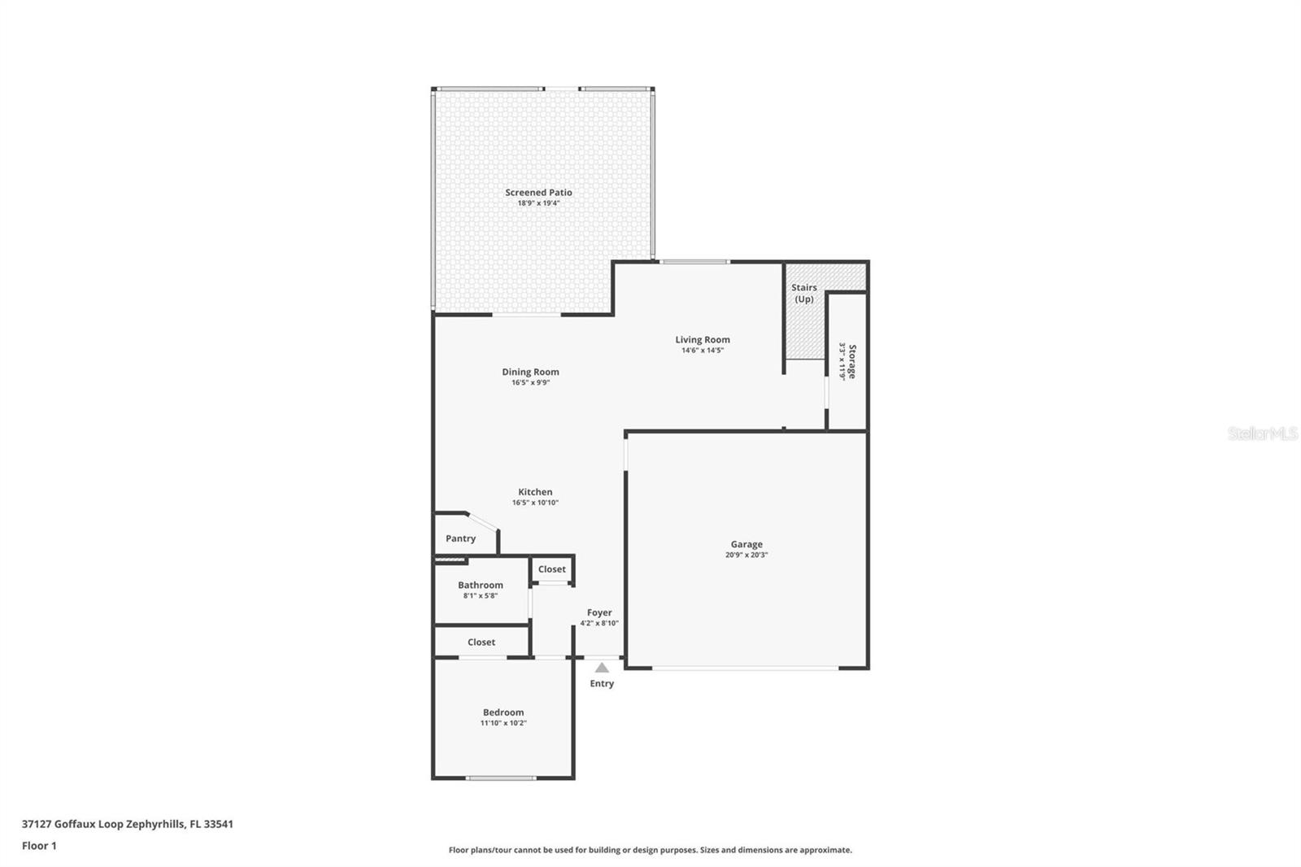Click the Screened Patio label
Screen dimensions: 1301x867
coord(538,192)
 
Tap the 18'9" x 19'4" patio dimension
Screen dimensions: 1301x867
coord(538,203)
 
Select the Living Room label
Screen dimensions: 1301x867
coord(703,340)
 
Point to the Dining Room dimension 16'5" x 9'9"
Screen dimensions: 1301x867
coord(530,383)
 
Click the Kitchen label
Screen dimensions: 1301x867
coord(535,492)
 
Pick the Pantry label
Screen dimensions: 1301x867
coord(460,538)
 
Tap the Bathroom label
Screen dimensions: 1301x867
coord(481,585)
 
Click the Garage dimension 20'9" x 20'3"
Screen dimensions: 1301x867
coord(746,555)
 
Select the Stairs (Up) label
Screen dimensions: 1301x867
coord(804,294)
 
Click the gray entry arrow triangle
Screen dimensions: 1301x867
coord(602,668)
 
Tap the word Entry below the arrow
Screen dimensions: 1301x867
coord(602,683)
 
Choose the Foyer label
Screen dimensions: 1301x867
coord(599,612)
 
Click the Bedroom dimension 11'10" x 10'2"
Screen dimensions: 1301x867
coord(503,724)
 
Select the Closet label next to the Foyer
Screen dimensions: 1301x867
coord(552,569)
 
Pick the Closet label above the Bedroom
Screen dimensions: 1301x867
coord(481,642)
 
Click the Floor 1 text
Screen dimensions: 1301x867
coord(40,846)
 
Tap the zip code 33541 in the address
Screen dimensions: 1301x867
coord(219,824)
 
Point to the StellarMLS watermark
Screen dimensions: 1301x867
coord(1263,433)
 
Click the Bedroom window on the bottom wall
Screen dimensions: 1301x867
coord(501,778)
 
